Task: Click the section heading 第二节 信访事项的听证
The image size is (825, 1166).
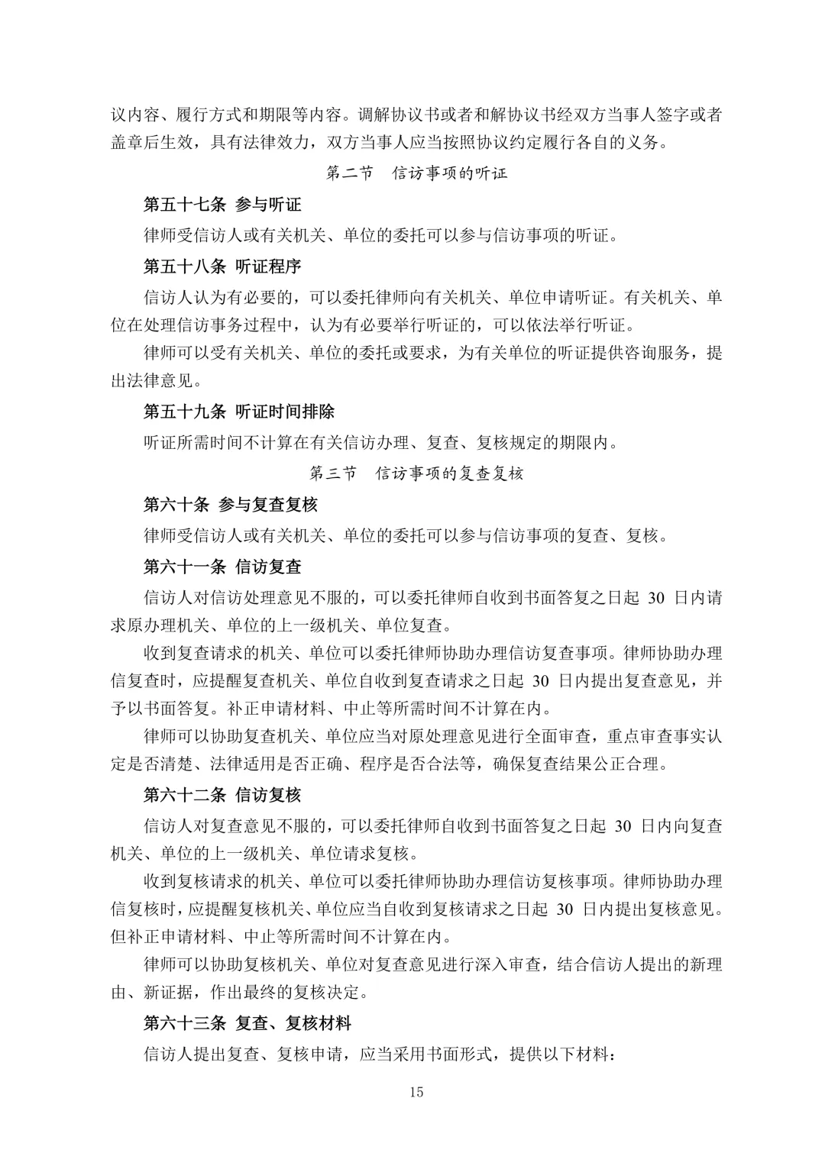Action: point(416,173)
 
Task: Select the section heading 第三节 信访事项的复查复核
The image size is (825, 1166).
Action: point(416,473)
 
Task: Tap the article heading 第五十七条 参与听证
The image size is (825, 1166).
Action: point(222,205)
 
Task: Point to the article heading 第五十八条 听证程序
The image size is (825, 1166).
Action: point(222,266)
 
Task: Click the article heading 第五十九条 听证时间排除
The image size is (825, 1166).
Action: point(239,412)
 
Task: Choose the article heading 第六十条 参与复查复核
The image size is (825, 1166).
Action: point(231,505)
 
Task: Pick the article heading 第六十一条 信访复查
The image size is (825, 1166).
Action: point(222,567)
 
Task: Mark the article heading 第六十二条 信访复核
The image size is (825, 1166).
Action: point(222,795)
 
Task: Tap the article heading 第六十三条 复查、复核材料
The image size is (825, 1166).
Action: point(247,1023)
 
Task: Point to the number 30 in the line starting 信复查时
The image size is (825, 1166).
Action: point(540,681)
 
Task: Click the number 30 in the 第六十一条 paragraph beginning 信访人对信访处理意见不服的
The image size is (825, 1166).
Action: point(656,598)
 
